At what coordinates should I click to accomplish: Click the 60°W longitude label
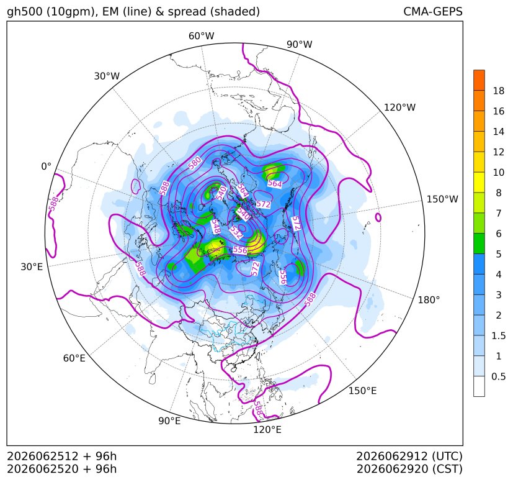tap(201, 36)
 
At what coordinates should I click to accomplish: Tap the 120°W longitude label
tap(399, 107)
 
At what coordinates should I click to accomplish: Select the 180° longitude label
tap(429, 300)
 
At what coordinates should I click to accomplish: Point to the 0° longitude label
tap(46, 166)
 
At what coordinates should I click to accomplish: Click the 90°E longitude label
tap(169, 421)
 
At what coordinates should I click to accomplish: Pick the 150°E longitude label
tap(362, 391)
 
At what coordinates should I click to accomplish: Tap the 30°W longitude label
tap(107, 76)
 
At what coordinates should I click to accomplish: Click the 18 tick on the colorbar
tap(499, 91)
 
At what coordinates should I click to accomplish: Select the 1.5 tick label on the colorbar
tap(498, 335)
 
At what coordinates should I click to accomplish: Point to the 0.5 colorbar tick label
tap(498, 376)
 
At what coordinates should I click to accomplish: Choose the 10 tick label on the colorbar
tap(499, 172)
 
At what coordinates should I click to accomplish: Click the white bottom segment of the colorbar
tap(479, 386)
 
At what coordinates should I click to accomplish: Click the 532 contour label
tap(236, 232)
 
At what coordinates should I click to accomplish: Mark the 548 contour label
tap(215, 227)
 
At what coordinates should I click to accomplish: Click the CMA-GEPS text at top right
tap(433, 11)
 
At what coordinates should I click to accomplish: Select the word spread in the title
tap(187, 12)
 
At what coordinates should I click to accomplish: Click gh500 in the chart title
tap(25, 12)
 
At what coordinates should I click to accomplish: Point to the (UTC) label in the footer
tap(447, 456)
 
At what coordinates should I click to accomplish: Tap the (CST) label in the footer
tap(447, 469)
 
